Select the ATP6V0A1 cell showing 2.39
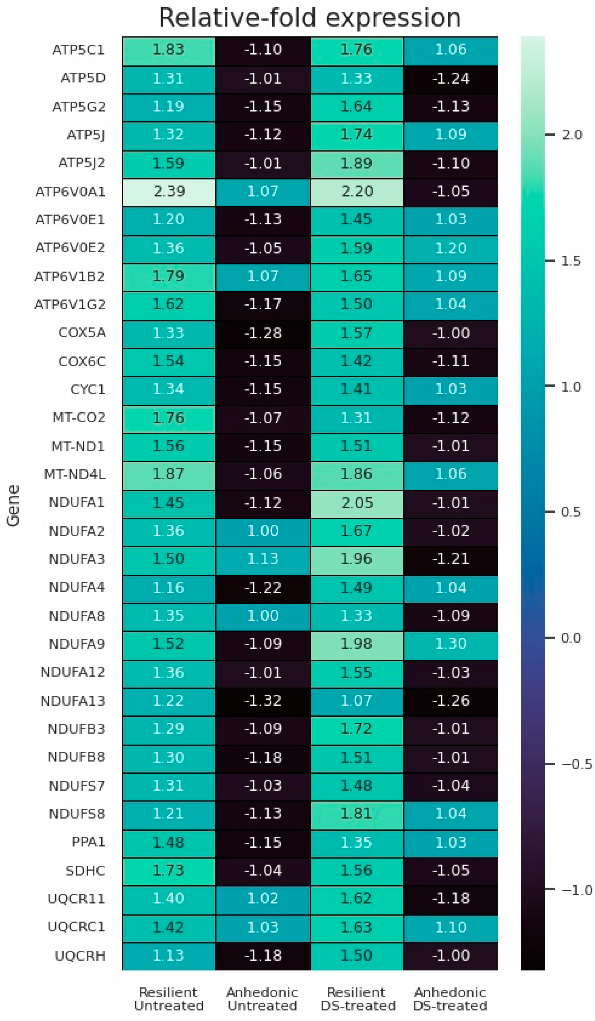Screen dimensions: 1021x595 168,191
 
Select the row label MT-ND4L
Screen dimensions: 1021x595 75,474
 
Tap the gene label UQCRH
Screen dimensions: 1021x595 80,956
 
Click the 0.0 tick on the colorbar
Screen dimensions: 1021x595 571,638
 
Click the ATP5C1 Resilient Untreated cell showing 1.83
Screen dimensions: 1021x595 168,50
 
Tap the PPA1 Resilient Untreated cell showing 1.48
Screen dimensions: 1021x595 168,842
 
